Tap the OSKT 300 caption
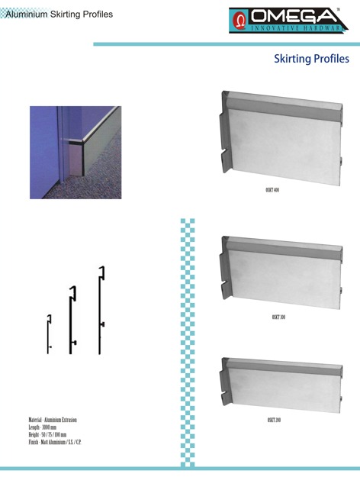coord(278,316)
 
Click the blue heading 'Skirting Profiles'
coord(311,60)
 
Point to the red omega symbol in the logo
coord(240,18)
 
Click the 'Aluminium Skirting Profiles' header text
coord(58,14)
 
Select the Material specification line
coord(53,420)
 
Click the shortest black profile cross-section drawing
coord(49,333)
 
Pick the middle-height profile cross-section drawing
coord(72,319)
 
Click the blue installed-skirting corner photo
coord(76,152)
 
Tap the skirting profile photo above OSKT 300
coord(278,271)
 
